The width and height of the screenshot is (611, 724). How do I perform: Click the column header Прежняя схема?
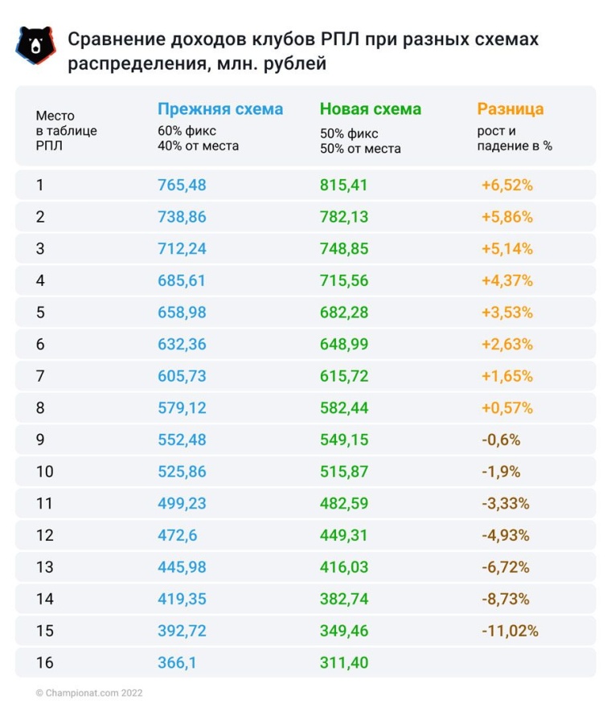coord(219,109)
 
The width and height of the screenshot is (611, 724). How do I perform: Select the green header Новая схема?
coord(370,109)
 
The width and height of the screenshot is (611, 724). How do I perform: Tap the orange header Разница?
coord(510,109)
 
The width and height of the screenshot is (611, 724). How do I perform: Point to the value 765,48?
coord(182,186)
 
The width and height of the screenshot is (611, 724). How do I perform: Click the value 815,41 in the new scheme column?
coord(344,186)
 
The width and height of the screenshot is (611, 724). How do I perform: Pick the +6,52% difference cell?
coord(506,186)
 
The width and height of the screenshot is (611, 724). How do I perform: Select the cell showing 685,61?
coord(182,280)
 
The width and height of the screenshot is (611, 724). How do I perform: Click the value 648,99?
coord(344,344)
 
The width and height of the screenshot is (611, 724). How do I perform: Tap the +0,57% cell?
coord(506,408)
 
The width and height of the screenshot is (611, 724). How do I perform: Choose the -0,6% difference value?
coord(501,440)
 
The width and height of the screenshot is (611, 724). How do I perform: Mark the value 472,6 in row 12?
coord(177,535)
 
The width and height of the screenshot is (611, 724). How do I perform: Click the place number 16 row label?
coord(44,663)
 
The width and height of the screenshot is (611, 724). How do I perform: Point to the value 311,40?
coord(344,663)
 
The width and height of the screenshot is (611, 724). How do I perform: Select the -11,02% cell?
coord(510,631)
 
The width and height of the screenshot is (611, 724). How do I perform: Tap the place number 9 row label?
coord(40,440)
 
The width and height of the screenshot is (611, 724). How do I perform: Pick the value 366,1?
coord(177,663)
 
